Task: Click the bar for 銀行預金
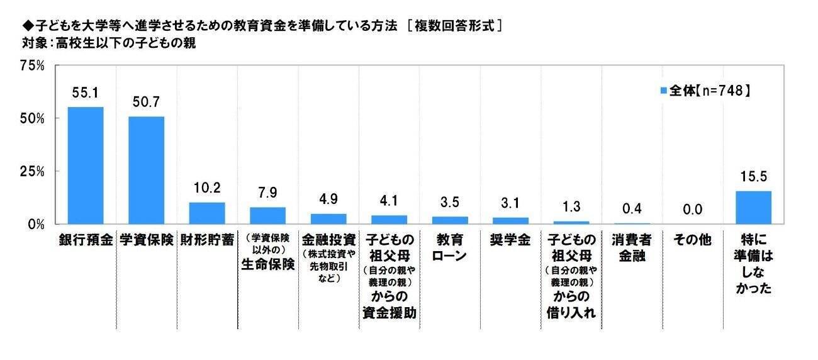(86, 165)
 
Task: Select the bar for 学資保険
(146, 170)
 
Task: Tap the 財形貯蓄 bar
(207, 213)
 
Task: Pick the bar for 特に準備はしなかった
(753, 207)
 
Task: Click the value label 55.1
(86, 93)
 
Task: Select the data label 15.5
(753, 177)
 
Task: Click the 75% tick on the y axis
(31, 65)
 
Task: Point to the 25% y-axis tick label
(31, 171)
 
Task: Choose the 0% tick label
(35, 224)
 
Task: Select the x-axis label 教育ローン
(449, 247)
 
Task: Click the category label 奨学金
(510, 240)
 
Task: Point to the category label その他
(692, 240)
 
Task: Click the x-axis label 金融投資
(328, 240)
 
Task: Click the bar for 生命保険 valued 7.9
(267, 215)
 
